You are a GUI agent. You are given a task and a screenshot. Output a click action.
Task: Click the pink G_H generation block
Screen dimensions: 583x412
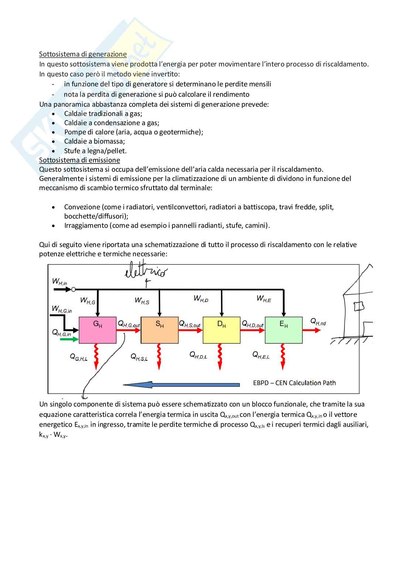tap(97, 330)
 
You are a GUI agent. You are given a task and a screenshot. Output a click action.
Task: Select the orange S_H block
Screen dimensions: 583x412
tap(159, 330)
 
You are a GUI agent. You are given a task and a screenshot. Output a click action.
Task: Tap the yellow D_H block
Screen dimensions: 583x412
tap(222, 330)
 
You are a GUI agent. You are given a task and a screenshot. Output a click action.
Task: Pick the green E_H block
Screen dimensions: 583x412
tap(284, 330)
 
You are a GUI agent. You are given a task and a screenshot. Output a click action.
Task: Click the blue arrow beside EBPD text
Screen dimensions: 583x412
tap(181, 385)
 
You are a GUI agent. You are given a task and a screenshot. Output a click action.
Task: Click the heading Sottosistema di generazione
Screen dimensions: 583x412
tap(83, 54)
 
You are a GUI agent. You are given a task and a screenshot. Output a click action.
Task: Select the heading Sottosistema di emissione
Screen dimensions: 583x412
tap(79, 160)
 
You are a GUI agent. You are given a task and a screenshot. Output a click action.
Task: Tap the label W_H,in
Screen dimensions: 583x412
tap(59, 281)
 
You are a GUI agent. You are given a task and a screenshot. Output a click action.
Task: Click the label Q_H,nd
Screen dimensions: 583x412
tap(318, 322)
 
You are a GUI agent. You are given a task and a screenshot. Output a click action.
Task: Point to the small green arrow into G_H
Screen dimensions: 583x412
tap(69, 339)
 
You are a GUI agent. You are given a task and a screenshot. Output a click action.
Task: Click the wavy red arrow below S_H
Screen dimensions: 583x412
tap(159, 356)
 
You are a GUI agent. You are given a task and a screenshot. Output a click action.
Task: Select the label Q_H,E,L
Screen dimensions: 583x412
tap(261, 355)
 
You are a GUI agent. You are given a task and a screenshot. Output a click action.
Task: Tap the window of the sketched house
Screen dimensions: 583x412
tap(358, 306)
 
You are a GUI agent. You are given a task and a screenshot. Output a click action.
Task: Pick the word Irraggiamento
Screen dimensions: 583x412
tap(86, 226)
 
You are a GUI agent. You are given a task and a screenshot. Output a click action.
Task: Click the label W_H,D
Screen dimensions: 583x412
tap(201, 299)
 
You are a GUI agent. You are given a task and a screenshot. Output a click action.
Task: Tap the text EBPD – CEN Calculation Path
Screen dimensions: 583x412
tap(294, 383)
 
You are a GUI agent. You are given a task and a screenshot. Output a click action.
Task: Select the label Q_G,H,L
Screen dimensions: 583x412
tap(79, 357)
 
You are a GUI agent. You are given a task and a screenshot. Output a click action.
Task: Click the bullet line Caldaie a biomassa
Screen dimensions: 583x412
tap(95, 141)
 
